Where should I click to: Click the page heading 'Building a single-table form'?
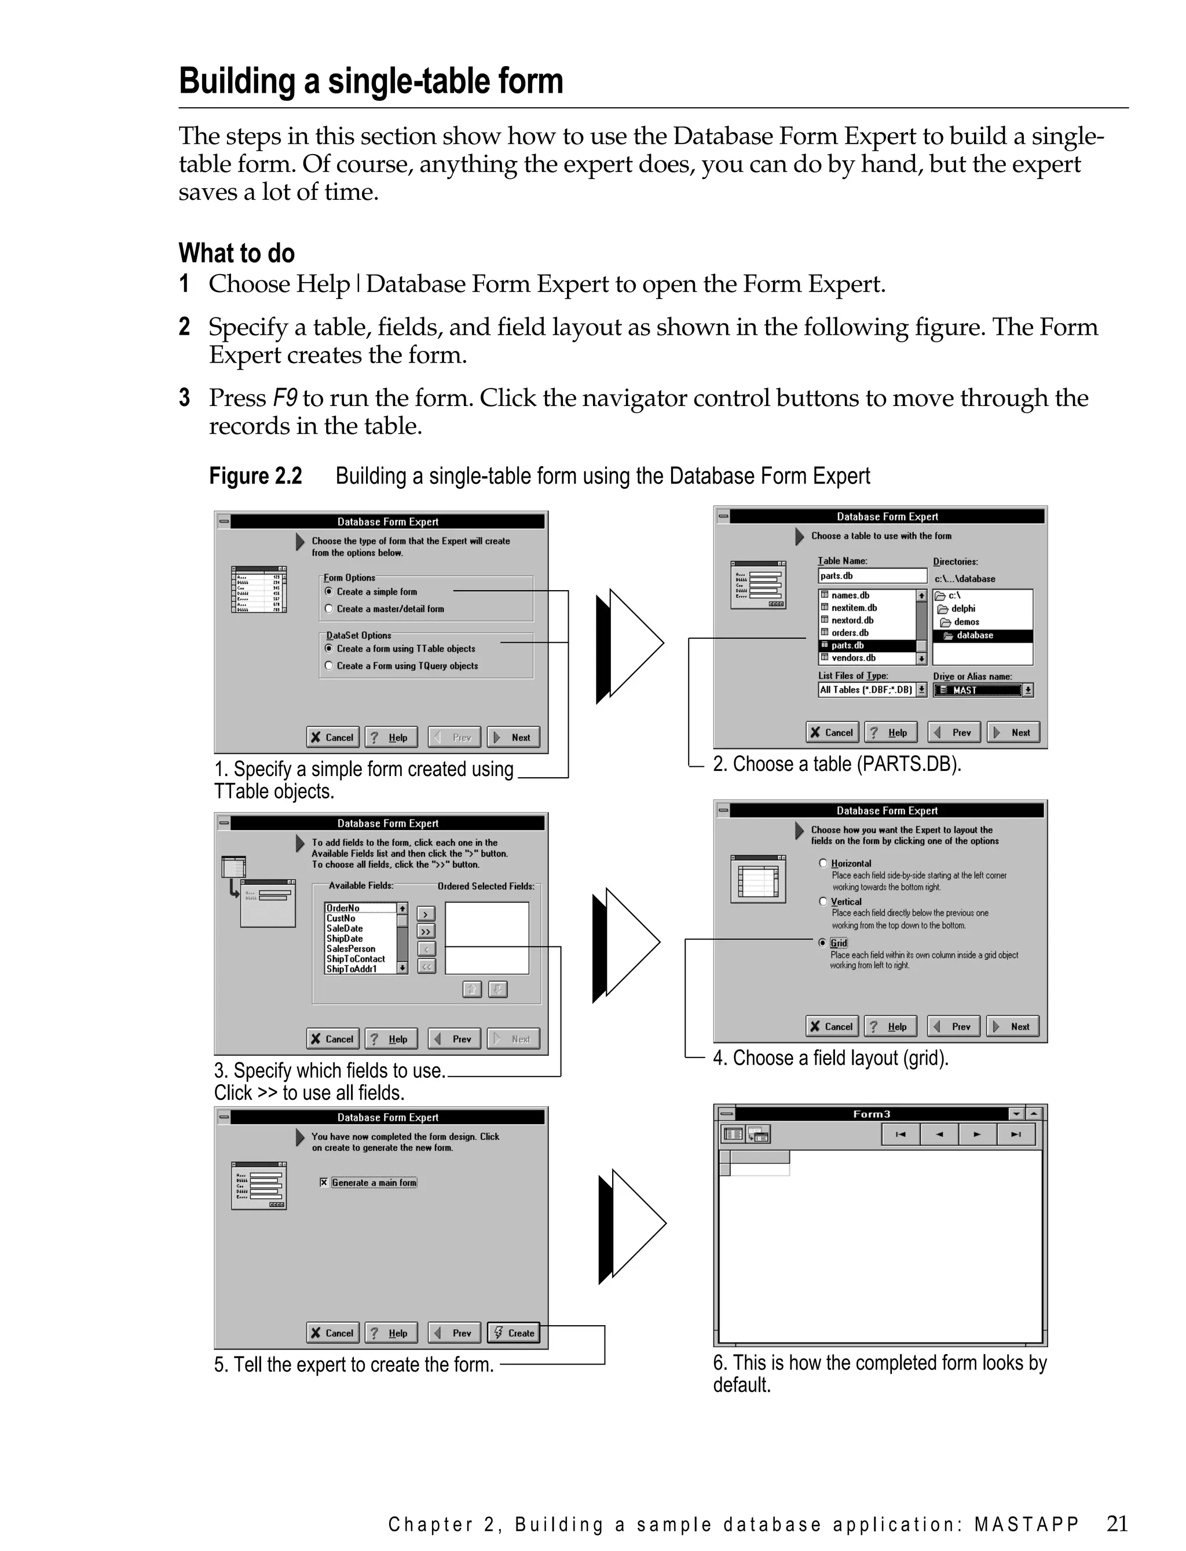coord(371,81)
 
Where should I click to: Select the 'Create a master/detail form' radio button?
coord(329,609)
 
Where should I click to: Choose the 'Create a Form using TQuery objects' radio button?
coord(329,665)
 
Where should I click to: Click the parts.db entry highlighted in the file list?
coord(847,645)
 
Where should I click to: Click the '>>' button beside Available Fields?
coord(426,932)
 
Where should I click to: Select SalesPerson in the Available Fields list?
coord(351,949)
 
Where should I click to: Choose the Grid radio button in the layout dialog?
coord(822,943)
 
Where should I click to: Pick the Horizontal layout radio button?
coord(823,864)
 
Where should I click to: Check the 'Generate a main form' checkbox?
coord(324,1183)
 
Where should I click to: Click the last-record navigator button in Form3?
coord(1015,1135)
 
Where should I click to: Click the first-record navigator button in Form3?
coord(901,1135)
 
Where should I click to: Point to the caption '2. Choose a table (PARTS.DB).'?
coord(837,764)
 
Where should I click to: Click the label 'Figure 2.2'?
coord(255,476)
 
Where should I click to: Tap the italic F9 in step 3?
coord(284,398)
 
